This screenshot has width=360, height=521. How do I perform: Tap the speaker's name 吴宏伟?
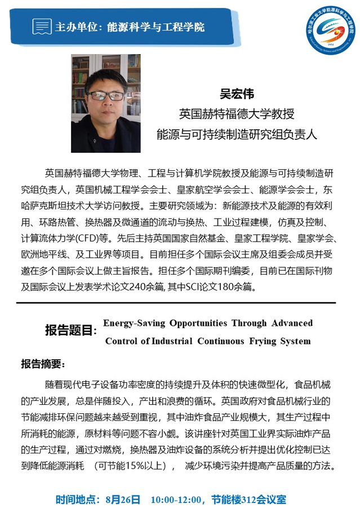click(x=237, y=94)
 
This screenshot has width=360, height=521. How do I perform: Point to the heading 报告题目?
click(x=70, y=331)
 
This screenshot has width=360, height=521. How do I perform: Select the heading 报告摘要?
click(x=43, y=363)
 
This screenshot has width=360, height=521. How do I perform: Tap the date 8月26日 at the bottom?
click(x=122, y=500)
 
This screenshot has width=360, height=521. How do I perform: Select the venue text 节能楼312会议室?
click(x=248, y=500)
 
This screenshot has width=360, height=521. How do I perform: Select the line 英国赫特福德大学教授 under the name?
click(x=237, y=114)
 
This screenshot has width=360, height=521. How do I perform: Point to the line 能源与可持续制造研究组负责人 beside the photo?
click(x=237, y=134)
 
